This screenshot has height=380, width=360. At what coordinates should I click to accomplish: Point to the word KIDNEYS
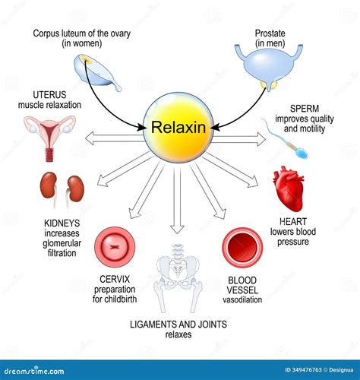(x=52, y=223)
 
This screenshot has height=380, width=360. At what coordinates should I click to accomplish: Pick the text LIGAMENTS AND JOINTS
(x=178, y=324)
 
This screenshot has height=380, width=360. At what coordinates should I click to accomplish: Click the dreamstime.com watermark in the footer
(x=42, y=369)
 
